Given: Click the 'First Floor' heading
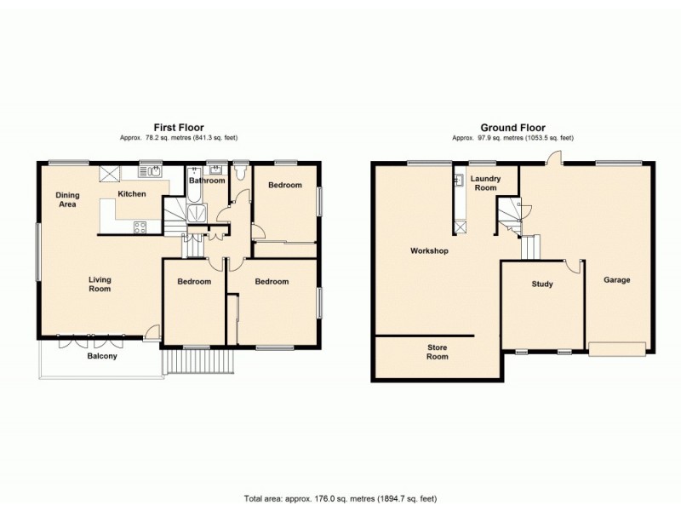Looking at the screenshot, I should pos(178,127).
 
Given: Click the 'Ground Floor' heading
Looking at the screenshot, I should pos(512,127).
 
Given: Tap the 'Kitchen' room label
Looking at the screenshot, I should pos(131,194).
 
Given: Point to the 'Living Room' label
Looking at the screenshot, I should pos(100,284).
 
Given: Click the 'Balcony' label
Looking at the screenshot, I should pos(102,356).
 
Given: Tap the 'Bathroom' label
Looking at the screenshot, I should pos(207,181).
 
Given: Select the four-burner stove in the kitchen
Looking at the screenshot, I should pos(140,227).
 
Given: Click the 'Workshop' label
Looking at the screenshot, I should pos(429,251).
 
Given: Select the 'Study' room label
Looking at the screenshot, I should pos(542,284).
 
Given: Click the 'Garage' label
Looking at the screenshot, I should pos(617,279).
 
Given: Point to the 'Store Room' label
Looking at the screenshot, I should pos(437,352).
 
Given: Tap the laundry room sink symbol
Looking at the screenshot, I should pos(461,227).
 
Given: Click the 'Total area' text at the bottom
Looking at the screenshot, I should pos(340,498).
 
